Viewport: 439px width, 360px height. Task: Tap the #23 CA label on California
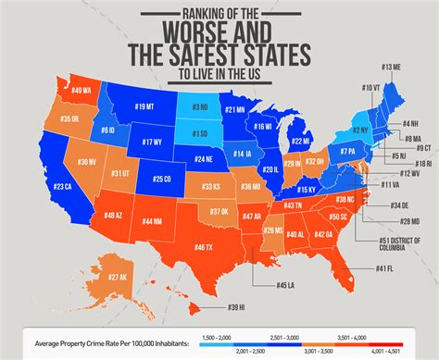62,186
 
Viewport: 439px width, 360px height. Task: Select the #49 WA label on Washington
81,90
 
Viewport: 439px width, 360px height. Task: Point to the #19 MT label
144,107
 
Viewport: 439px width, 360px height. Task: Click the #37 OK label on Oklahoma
219,211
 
